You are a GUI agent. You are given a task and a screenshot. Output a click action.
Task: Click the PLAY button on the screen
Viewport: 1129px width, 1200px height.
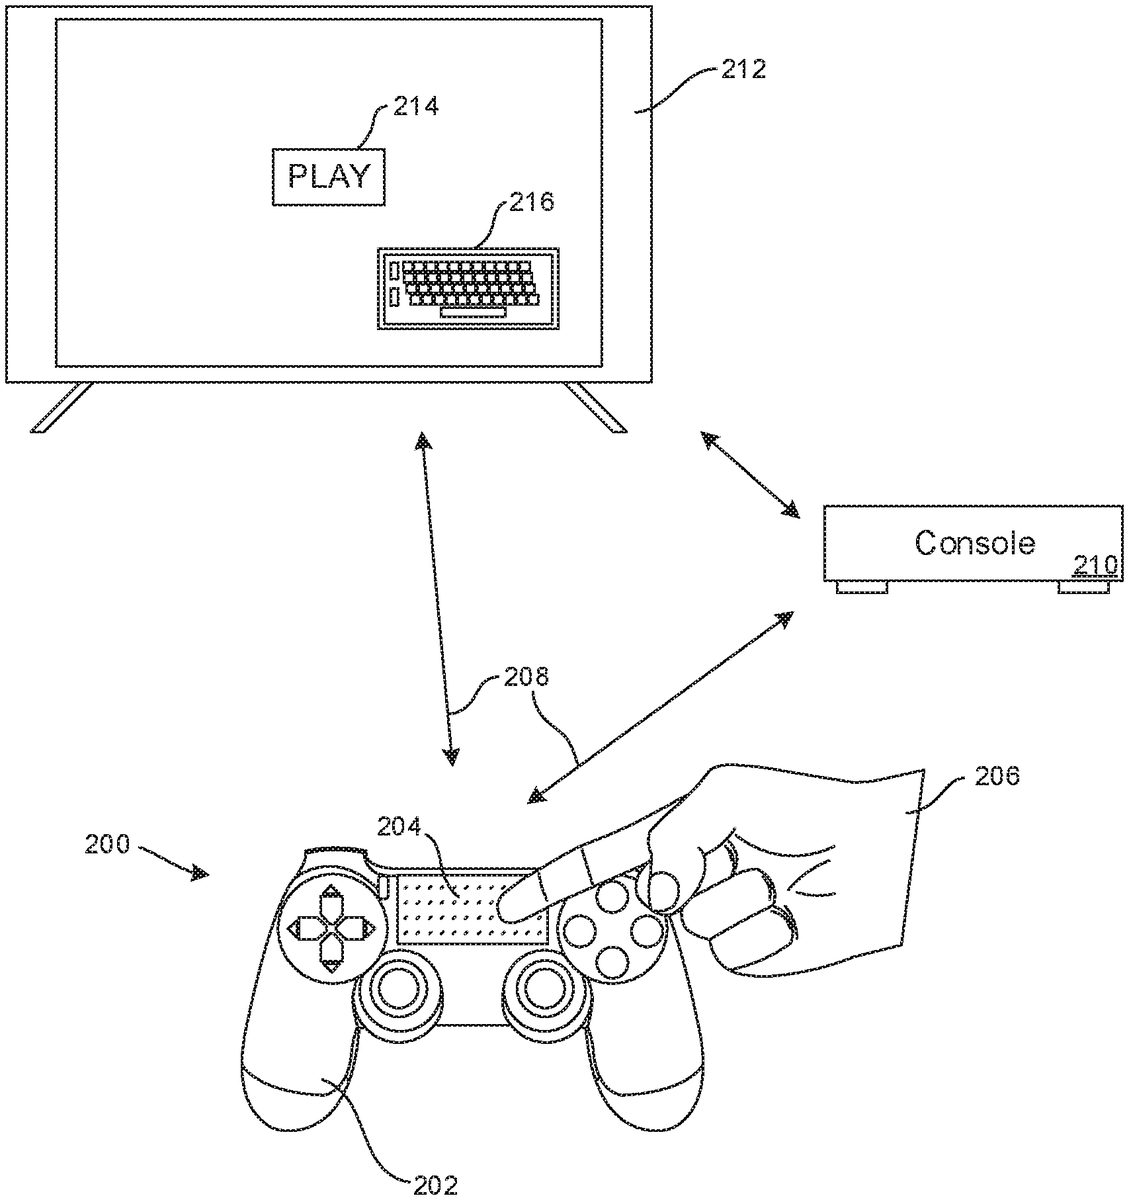pos(328,177)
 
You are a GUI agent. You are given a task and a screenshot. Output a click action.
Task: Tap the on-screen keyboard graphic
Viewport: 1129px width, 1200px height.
pos(468,288)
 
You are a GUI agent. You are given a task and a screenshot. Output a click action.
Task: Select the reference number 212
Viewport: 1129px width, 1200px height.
pos(742,70)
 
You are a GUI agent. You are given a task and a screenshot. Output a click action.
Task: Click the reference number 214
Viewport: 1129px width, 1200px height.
pos(415,105)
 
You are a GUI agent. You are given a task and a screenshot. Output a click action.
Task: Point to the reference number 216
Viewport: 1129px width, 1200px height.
pos(531,202)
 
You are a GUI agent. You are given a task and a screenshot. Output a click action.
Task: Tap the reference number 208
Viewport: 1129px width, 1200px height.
pos(526,678)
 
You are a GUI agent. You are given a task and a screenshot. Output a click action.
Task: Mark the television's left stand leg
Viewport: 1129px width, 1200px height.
pos(61,408)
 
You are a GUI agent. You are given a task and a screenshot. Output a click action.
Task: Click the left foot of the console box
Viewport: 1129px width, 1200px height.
pos(861,588)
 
